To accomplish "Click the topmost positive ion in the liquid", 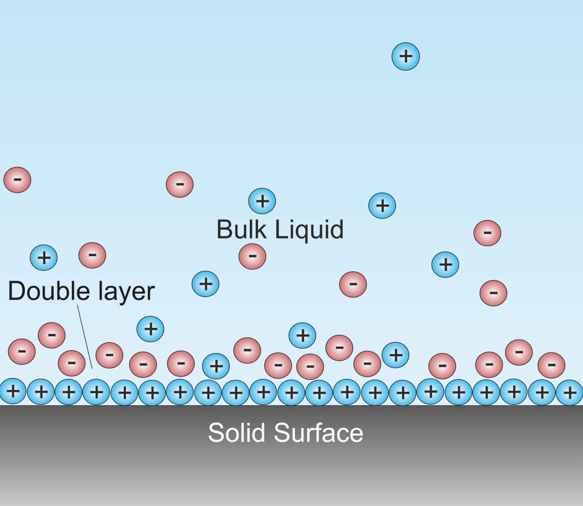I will coord(405,56).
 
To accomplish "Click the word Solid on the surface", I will coord(237,433).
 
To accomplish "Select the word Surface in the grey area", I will coord(318,433).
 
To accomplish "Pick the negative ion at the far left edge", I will coord(17,180).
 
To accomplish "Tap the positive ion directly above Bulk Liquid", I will coord(262,201).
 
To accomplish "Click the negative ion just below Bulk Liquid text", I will coord(252,256).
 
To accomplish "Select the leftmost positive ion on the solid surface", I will coord(13,391).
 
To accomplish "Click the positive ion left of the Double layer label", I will coord(44,257).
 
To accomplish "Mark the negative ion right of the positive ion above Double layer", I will coord(92,255).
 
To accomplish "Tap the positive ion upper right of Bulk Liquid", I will coord(382,206).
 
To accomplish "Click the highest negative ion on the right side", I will coord(487,233).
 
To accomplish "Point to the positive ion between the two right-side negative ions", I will coord(445,264).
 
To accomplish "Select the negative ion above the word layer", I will coord(180,184).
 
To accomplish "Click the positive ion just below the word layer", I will coord(151,329).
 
